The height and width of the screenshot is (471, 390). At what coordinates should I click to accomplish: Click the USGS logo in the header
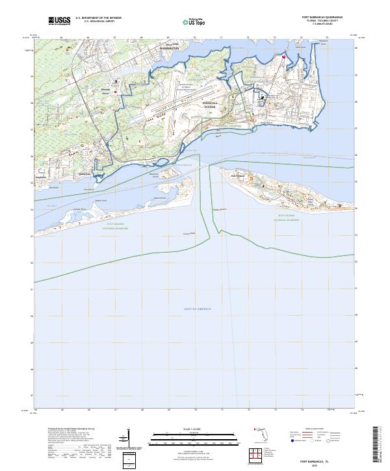59,20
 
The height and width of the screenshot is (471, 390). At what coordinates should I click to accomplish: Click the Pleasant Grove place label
106,90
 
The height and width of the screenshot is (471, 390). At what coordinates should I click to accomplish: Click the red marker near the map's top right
284,57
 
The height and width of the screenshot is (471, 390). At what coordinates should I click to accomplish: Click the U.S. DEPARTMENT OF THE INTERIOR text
98,18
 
